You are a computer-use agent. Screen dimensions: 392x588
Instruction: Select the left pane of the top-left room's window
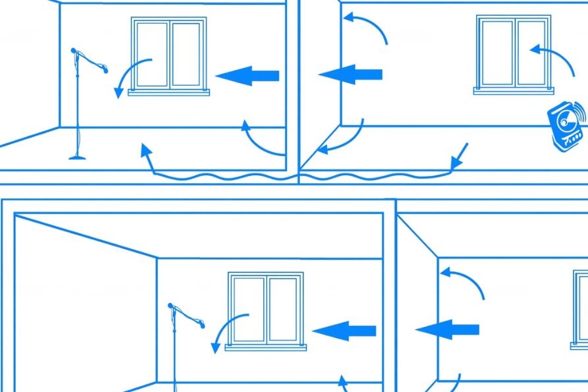[x=152, y=54]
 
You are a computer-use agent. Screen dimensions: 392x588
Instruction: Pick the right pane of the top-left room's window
[x=186, y=54]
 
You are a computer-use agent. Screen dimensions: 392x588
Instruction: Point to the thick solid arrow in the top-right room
[x=350, y=74]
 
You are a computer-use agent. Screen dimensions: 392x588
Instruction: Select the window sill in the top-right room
[x=513, y=91]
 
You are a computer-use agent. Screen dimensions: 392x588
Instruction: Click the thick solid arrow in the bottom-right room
[x=447, y=329]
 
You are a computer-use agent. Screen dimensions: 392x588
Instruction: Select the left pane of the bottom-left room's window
[x=249, y=309]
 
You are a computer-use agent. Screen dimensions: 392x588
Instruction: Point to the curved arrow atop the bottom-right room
[x=464, y=279]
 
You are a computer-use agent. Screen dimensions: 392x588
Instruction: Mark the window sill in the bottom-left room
[x=266, y=347]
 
